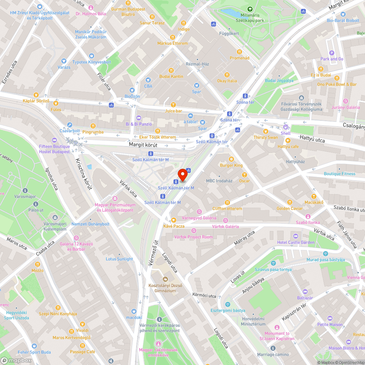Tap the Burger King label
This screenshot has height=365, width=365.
[231, 165]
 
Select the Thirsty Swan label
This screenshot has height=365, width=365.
[266, 137]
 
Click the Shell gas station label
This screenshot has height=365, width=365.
[285, 133]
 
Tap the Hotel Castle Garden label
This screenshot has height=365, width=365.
[296, 242]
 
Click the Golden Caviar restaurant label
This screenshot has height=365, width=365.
[289, 208]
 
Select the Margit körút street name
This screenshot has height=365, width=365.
[143, 145]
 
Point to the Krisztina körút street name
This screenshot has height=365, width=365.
[84, 174]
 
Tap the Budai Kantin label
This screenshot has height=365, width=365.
[171, 76]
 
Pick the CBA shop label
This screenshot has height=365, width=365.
[148, 86]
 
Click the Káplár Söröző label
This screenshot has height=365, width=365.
[36, 100]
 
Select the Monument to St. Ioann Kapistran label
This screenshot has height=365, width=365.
[279, 336]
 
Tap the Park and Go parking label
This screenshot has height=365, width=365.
[332, 59]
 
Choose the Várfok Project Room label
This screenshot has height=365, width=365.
[193, 237]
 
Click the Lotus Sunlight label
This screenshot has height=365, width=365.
[119, 259]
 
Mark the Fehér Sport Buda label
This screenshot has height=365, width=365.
[34, 352]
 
